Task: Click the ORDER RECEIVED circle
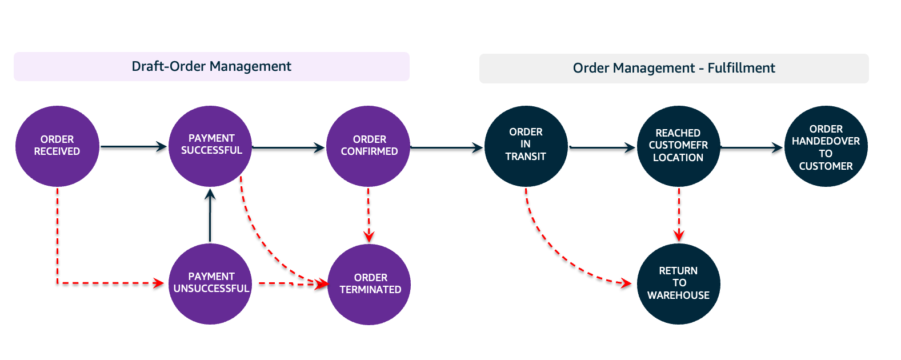[57, 146]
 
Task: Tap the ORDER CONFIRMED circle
[369, 146]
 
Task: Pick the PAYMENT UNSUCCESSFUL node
[211, 283]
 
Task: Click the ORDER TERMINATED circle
[370, 284]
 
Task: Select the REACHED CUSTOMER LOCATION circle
[678, 146]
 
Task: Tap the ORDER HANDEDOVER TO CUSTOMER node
[826, 146]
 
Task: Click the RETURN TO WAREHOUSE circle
[678, 283]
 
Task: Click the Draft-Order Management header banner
[211, 66]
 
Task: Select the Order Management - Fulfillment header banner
[674, 69]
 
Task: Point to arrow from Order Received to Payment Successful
[133, 147]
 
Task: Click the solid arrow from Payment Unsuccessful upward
[210, 216]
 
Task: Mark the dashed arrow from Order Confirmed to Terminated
[369, 214]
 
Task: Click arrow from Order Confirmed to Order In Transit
[447, 147]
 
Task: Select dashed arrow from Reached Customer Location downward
[679, 214]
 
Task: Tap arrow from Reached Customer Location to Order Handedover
[751, 147]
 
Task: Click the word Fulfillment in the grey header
[741, 69]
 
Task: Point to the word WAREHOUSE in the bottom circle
[678, 295]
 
